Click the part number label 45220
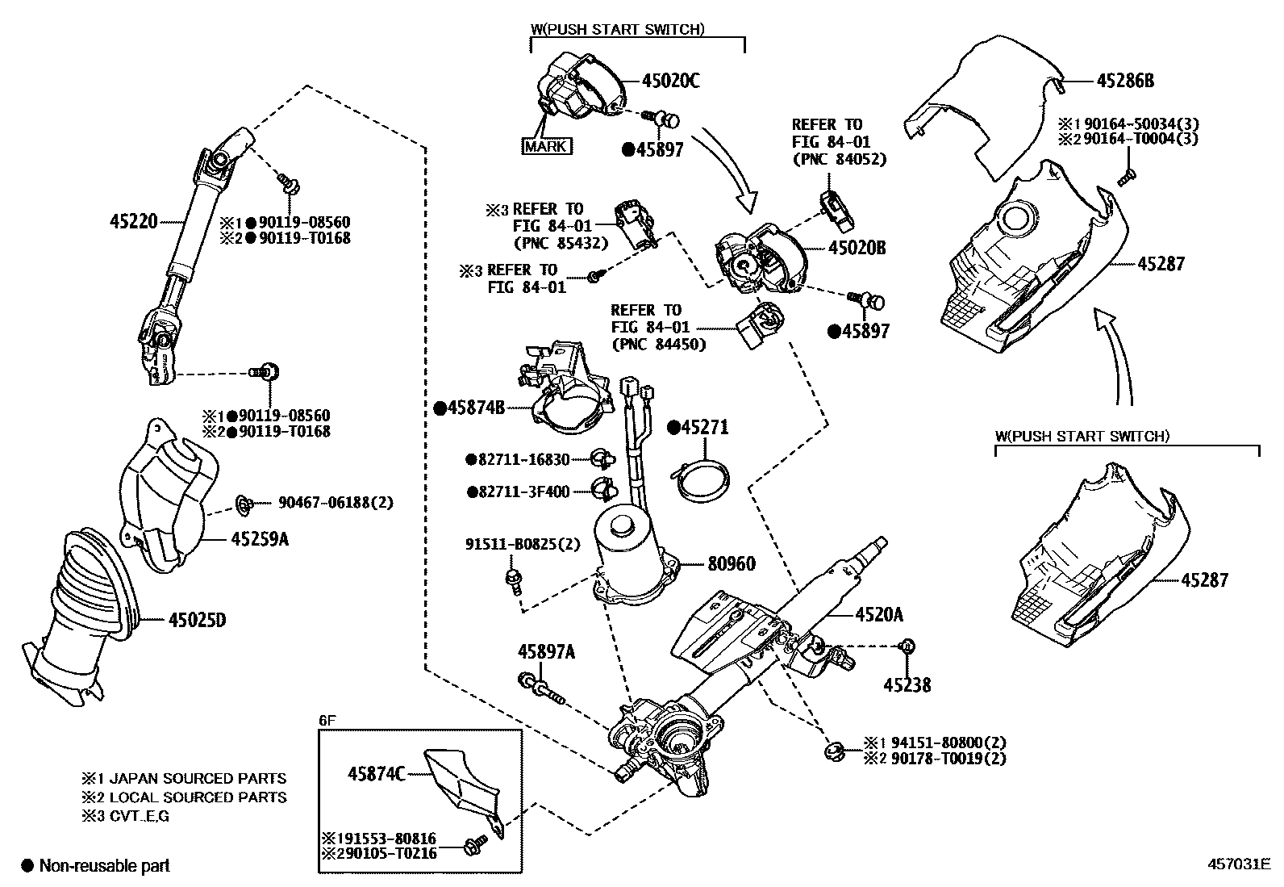pyautogui.click(x=133, y=220)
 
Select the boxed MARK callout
pyautogui.click(x=547, y=146)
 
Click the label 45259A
pyautogui.click(x=259, y=538)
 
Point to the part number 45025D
pyautogui.click(x=197, y=620)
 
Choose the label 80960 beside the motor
pyautogui.click(x=732, y=563)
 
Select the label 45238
pyautogui.click(x=907, y=685)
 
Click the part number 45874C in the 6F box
pyautogui.click(x=376, y=773)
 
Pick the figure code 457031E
pyautogui.click(x=1239, y=864)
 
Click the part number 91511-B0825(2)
pyautogui.click(x=522, y=544)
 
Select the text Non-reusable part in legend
pyautogui.click(x=105, y=866)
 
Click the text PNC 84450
pyautogui.click(x=658, y=345)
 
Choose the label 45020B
pyautogui.click(x=857, y=248)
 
